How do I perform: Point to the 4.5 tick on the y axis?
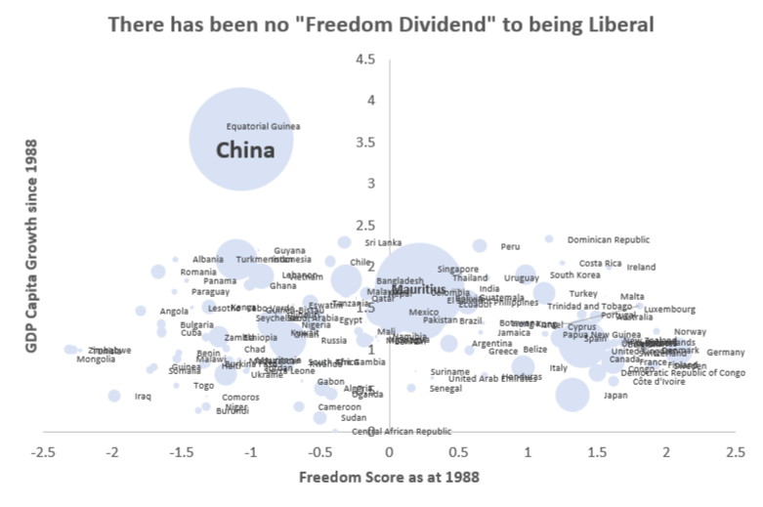[x=366, y=60]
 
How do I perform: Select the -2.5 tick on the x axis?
[x=43, y=452]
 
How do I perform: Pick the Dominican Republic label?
[x=608, y=239]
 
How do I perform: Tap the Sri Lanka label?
[x=383, y=242]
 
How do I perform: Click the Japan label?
[x=615, y=396]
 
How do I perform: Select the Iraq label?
[x=143, y=397]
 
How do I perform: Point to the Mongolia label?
[x=96, y=359]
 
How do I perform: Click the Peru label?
[x=510, y=246]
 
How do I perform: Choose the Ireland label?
[x=641, y=267]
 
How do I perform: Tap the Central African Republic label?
[x=402, y=431]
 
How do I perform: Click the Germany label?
[x=725, y=353]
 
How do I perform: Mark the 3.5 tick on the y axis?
[x=366, y=142]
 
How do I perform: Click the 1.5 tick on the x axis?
[x=597, y=452]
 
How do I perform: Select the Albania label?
[x=208, y=259]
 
